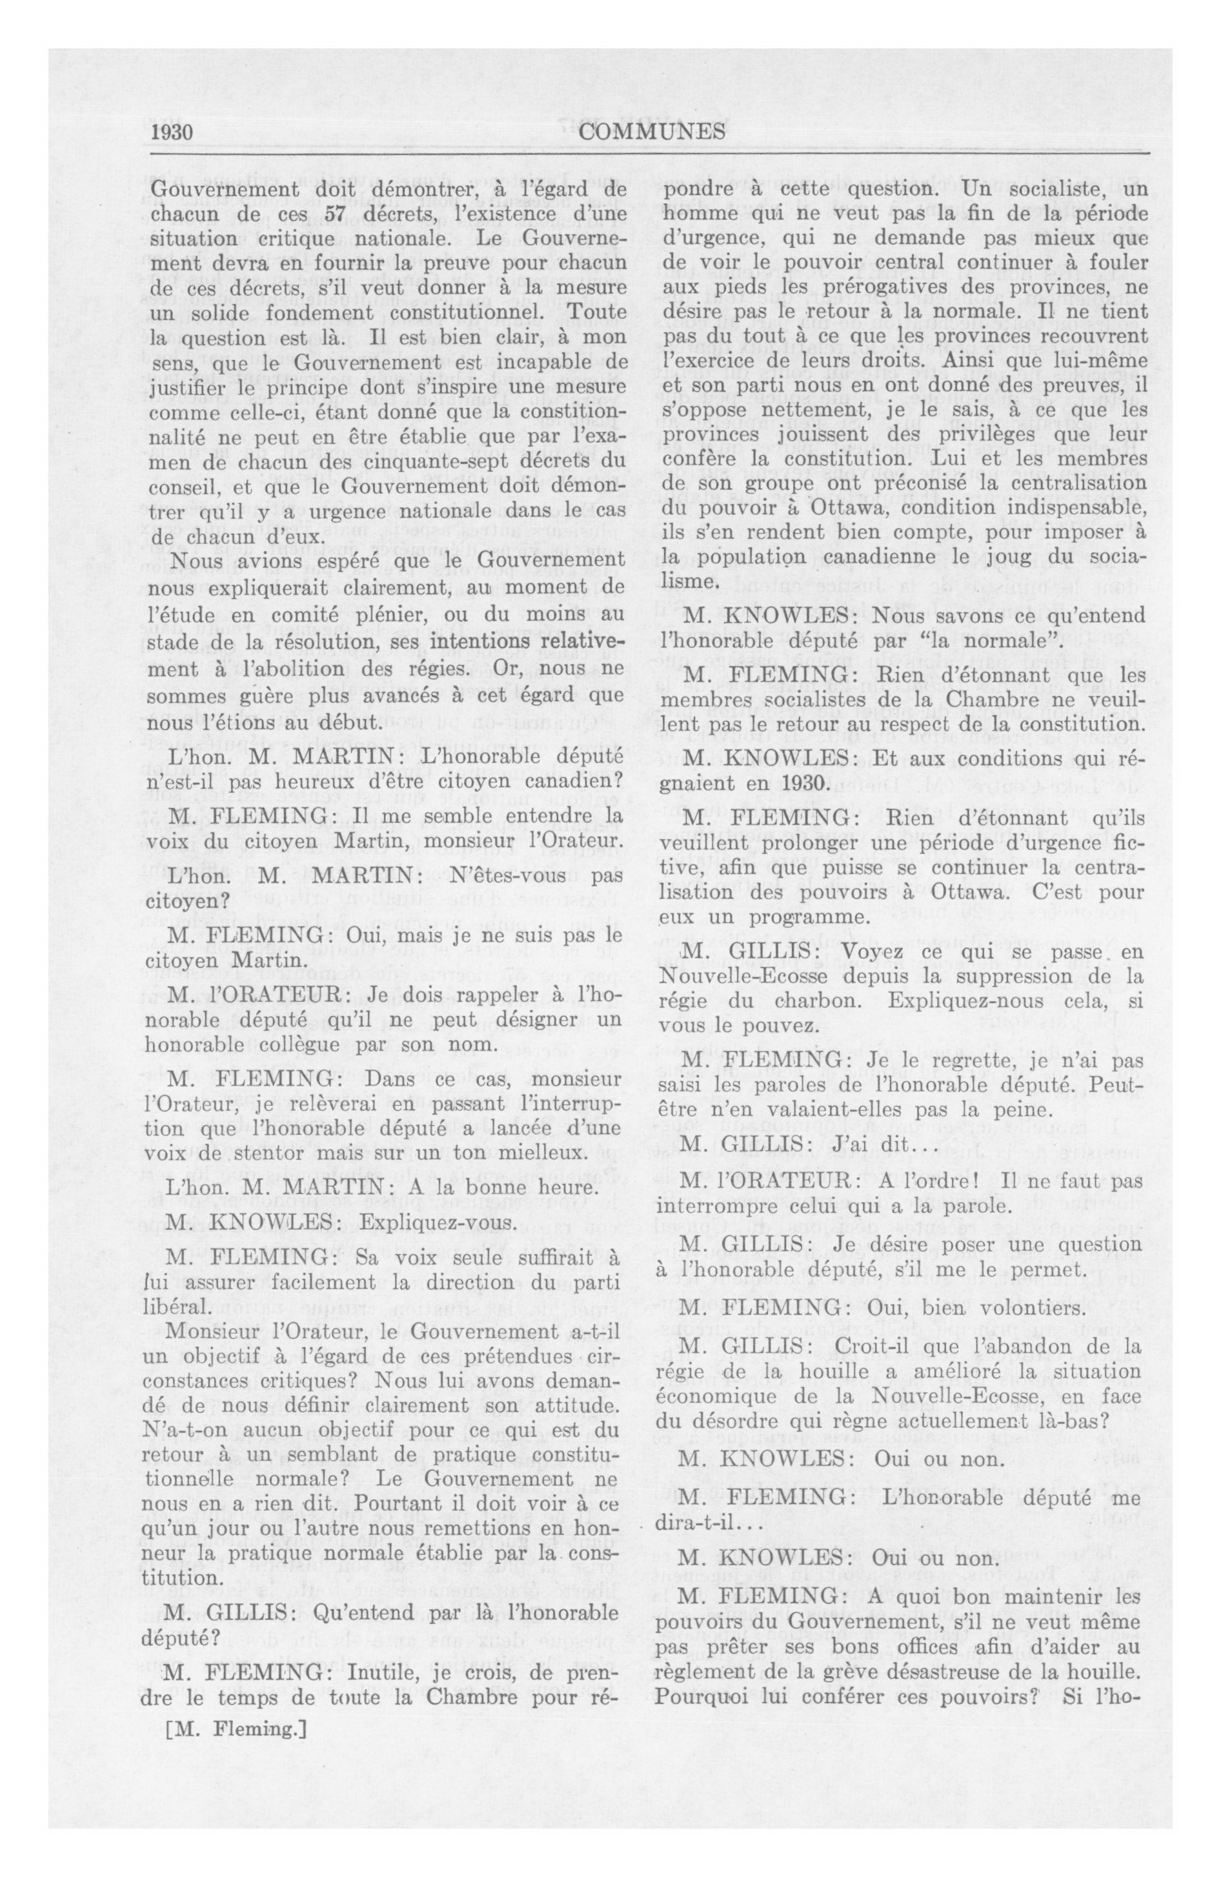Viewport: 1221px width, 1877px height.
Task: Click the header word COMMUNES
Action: tap(652, 132)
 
